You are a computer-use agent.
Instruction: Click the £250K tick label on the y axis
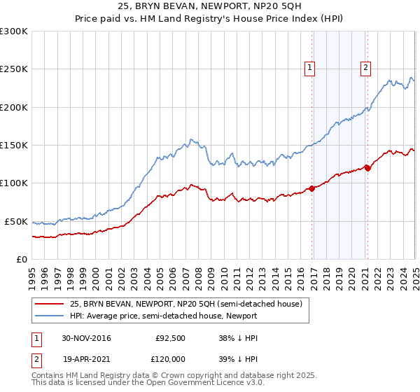[14, 69]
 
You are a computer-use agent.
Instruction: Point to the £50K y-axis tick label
[16, 221]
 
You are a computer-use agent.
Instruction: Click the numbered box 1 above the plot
[309, 68]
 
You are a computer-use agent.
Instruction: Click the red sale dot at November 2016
[311, 188]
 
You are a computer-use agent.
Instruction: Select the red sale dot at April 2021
[367, 168]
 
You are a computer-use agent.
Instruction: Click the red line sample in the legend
[49, 304]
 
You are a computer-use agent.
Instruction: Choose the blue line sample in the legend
[49, 316]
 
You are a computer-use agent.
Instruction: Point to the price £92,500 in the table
[169, 338]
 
